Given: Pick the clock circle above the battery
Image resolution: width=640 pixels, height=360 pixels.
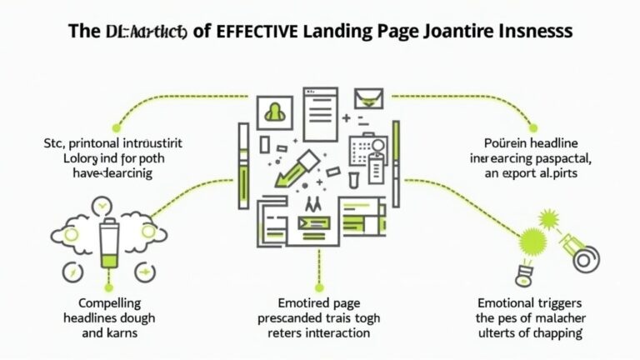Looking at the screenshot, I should tap(101, 203).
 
